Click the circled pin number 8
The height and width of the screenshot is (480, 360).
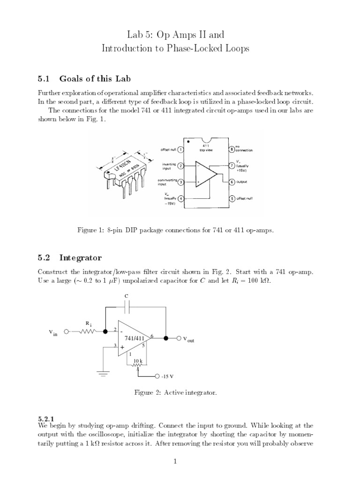[x=231, y=149]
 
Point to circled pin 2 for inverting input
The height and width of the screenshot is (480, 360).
[x=181, y=165]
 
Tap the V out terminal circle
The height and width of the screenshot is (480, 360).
[x=179, y=337]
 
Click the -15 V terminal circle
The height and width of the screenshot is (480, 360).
[x=157, y=376]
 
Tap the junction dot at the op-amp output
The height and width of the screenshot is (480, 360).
[x=166, y=337]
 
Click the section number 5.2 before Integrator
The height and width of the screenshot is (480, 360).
[x=45, y=257]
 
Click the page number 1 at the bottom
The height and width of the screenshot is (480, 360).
[x=175, y=461]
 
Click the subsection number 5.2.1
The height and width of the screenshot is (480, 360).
[x=46, y=418]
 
